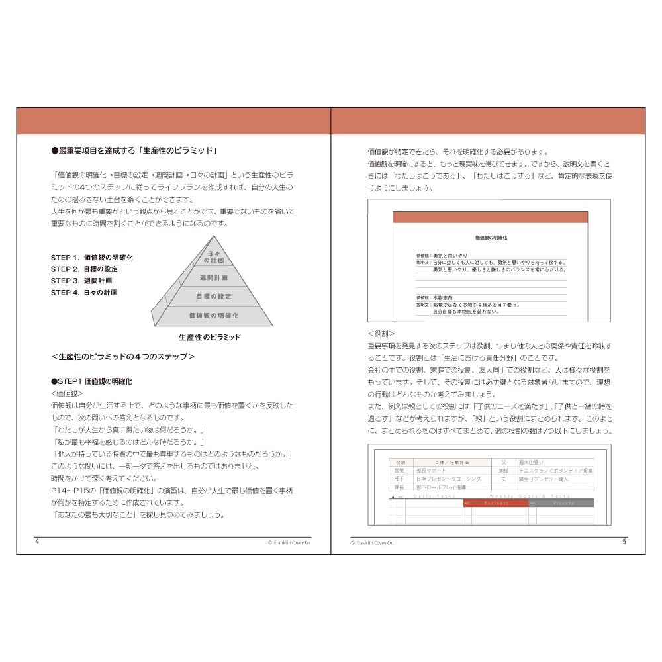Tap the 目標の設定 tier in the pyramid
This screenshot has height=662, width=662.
[214, 297]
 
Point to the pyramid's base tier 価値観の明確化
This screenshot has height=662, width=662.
[214, 316]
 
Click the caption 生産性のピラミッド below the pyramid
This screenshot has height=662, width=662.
[210, 338]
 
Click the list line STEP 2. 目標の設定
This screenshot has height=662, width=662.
[85, 269]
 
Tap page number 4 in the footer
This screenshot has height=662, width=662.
[37, 542]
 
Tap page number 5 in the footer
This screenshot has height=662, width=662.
[624, 542]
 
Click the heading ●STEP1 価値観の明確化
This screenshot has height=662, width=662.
[91, 381]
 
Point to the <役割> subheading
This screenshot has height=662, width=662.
[381, 334]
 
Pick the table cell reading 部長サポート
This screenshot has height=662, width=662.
[431, 471]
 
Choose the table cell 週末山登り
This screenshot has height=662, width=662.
[532, 462]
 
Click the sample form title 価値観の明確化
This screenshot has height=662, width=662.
[491, 237]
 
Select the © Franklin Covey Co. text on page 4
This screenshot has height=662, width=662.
[289, 542]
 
